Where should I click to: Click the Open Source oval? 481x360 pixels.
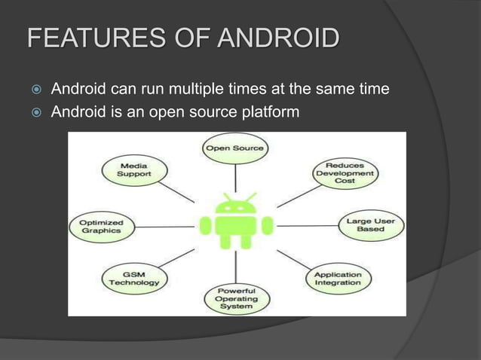(x=236, y=148)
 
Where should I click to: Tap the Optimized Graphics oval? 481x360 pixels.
(x=101, y=227)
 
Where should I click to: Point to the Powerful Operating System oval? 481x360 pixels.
(x=236, y=298)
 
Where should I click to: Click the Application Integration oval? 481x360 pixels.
(x=338, y=278)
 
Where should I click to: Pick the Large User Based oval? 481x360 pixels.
(x=371, y=225)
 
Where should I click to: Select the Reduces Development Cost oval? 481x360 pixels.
(x=345, y=172)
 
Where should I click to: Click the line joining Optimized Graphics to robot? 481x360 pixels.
(x=166, y=226)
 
